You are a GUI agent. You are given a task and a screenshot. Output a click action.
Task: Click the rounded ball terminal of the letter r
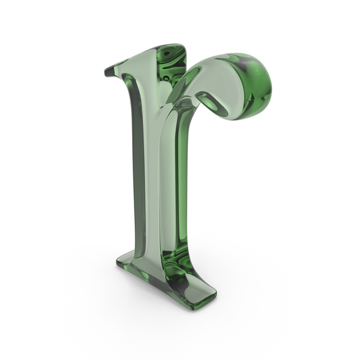click(248, 86)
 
